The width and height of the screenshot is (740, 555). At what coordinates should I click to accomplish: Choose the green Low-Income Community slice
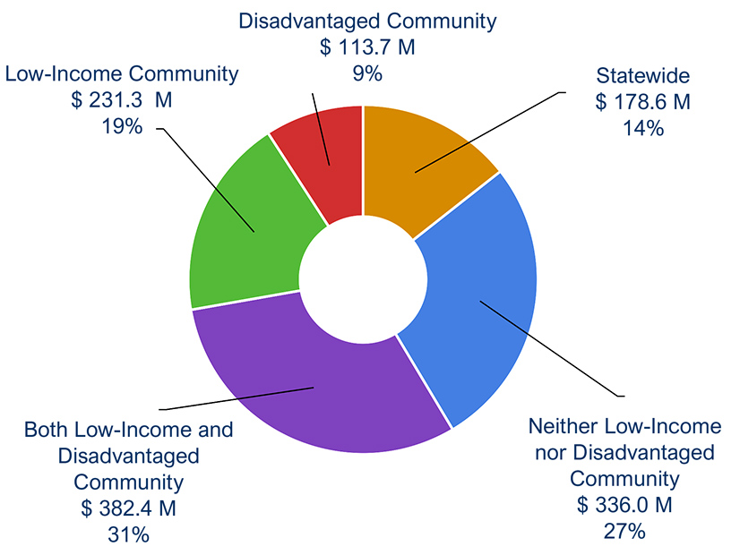click(242, 233)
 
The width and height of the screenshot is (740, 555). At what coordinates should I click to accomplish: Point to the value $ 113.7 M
click(367, 48)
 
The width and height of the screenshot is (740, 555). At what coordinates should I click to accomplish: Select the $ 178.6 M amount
click(642, 102)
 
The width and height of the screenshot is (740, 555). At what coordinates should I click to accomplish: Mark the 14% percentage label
click(642, 128)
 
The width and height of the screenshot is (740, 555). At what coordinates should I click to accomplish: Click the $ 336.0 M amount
click(624, 505)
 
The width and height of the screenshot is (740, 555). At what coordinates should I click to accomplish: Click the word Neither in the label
click(565, 425)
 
